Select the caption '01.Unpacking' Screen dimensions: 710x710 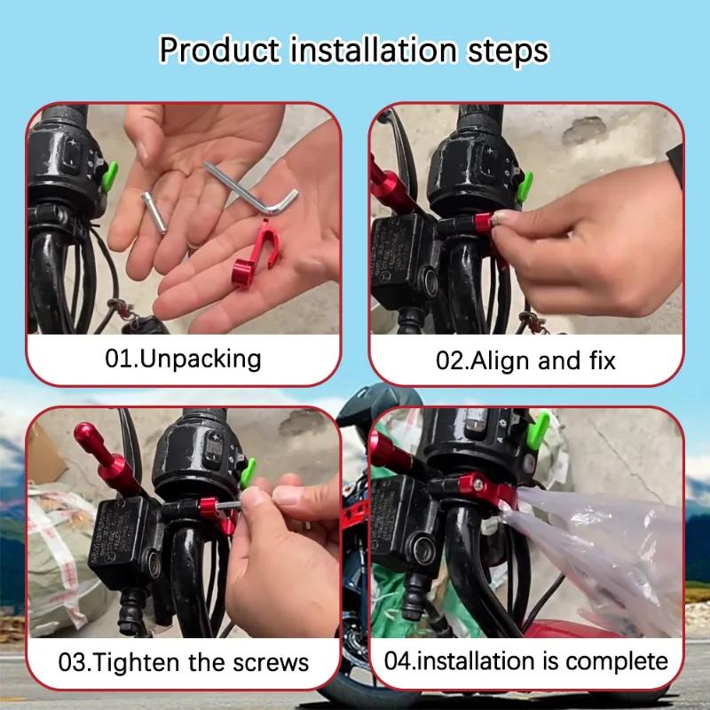coord(184,359)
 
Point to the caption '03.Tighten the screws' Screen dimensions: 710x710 coord(184,662)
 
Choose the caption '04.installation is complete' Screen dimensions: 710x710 coord(525,661)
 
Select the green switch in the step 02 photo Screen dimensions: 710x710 coord(524,185)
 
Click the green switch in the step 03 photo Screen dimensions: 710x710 coord(248,471)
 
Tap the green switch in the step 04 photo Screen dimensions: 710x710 coord(537,423)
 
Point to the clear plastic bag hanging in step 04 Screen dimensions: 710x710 coord(603,550)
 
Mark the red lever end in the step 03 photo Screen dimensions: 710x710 coord(90,438)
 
